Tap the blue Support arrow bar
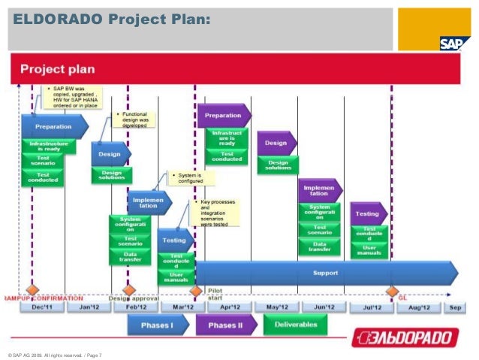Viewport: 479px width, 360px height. click(x=325, y=272)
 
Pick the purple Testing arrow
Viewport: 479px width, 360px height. click(x=368, y=213)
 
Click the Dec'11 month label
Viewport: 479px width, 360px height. click(x=41, y=307)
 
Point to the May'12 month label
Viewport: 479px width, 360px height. click(x=274, y=307)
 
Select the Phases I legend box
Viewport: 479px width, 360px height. click(x=155, y=325)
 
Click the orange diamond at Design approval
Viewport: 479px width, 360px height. click(x=128, y=290)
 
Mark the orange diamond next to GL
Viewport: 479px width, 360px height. click(x=391, y=290)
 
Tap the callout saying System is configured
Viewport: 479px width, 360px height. click(x=190, y=178)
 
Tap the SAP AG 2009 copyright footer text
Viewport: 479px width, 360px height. click(x=54, y=354)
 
